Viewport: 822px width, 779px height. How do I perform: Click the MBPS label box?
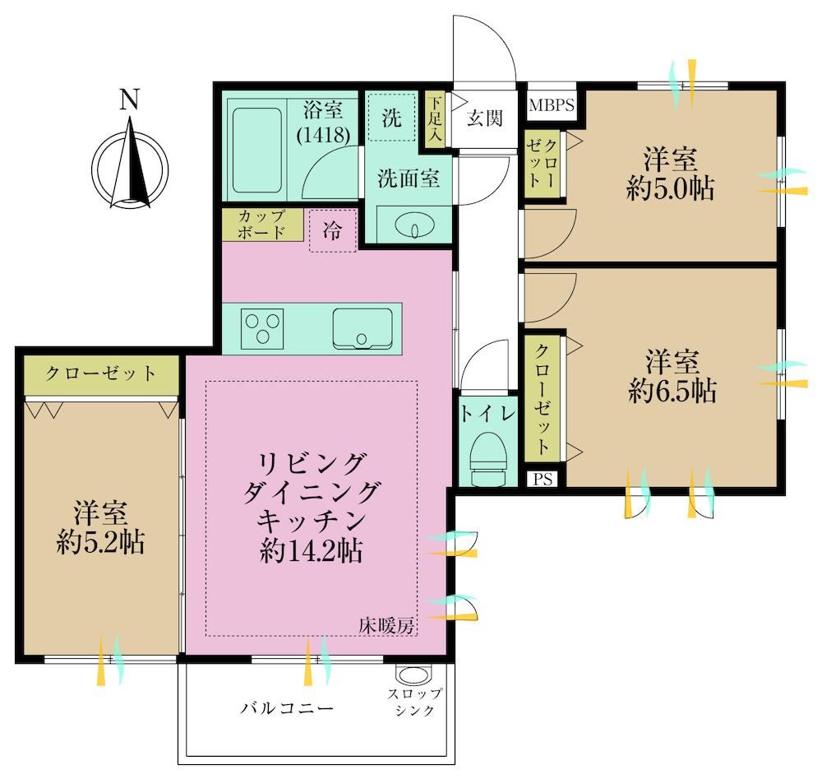pos(551,105)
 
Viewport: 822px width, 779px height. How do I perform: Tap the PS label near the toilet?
pos(543,479)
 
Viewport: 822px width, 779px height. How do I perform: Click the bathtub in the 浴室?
pos(256,151)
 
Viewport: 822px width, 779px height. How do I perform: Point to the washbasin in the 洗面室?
pos(414,226)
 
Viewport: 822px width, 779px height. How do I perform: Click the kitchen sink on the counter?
pos(363,328)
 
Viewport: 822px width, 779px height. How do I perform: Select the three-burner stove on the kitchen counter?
pos(262,329)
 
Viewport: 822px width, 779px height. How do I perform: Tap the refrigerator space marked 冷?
pos(333,230)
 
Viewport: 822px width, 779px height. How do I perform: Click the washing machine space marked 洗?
pos(391,117)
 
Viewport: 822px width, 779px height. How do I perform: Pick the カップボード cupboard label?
pos(262,225)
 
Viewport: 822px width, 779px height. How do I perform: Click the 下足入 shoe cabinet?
pos(435,120)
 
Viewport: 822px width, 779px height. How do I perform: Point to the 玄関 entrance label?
pos(485,118)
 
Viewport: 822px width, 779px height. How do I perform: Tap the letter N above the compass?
pos(130,100)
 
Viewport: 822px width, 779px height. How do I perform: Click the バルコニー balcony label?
pos(287,709)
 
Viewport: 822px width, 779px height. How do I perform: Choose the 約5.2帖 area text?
pos(100,542)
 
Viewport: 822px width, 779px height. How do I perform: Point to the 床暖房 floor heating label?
pos(387,625)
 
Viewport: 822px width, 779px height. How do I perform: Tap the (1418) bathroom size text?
pos(323,136)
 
